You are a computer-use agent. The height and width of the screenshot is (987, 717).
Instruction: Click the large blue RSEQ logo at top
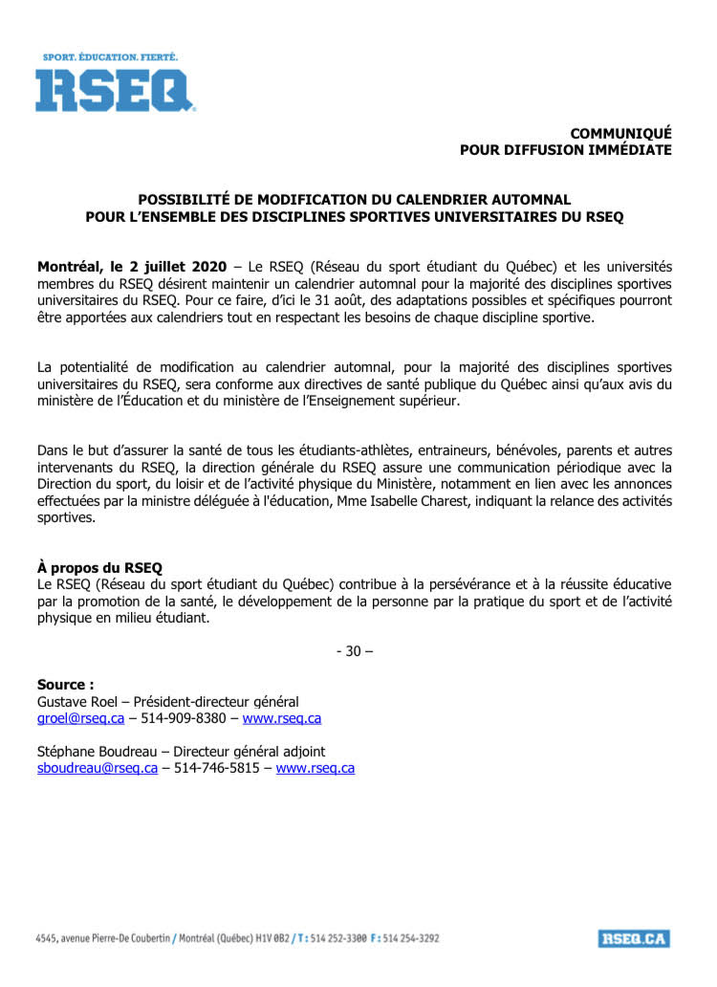(115, 91)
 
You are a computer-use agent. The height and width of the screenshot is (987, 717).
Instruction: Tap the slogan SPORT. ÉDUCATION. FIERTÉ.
(110, 57)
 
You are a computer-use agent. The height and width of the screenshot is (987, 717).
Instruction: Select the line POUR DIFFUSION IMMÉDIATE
(565, 149)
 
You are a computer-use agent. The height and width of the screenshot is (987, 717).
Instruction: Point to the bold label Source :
(65, 685)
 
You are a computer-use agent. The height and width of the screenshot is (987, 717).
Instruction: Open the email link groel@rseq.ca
(80, 718)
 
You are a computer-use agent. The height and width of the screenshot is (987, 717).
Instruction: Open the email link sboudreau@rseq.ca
(97, 768)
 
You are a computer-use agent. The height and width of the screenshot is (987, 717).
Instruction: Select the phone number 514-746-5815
(217, 768)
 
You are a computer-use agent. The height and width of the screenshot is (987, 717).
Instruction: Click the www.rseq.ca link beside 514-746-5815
(315, 768)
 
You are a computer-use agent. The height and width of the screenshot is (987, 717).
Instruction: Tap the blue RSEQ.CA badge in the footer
(634, 938)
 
